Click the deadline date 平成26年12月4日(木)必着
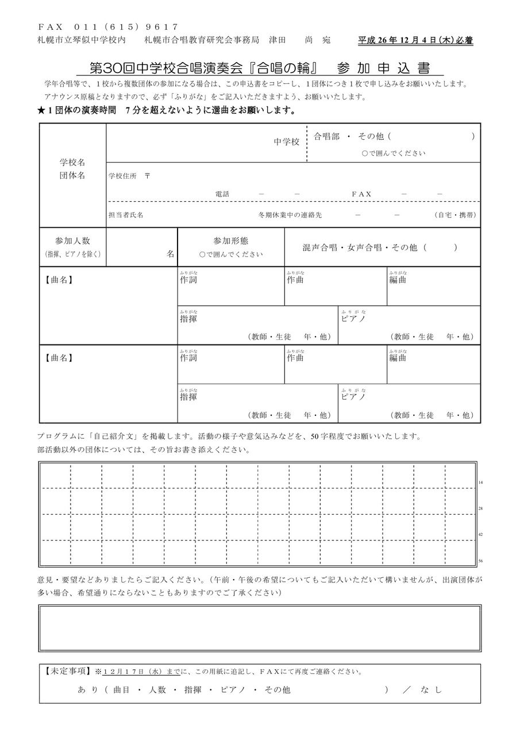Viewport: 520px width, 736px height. (415, 41)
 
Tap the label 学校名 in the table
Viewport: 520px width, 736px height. (72, 163)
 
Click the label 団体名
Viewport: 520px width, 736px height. (72, 175)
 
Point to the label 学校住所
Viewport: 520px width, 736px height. (122, 176)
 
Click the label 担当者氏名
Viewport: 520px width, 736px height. (126, 214)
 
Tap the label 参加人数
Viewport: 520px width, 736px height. (72, 241)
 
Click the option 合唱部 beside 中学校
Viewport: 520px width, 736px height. (327, 137)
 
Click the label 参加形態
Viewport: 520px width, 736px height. (230, 241)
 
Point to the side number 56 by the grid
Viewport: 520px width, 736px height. (481, 561)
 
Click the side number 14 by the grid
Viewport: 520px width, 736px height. (481, 482)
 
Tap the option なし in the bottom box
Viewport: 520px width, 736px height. (431, 689)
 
